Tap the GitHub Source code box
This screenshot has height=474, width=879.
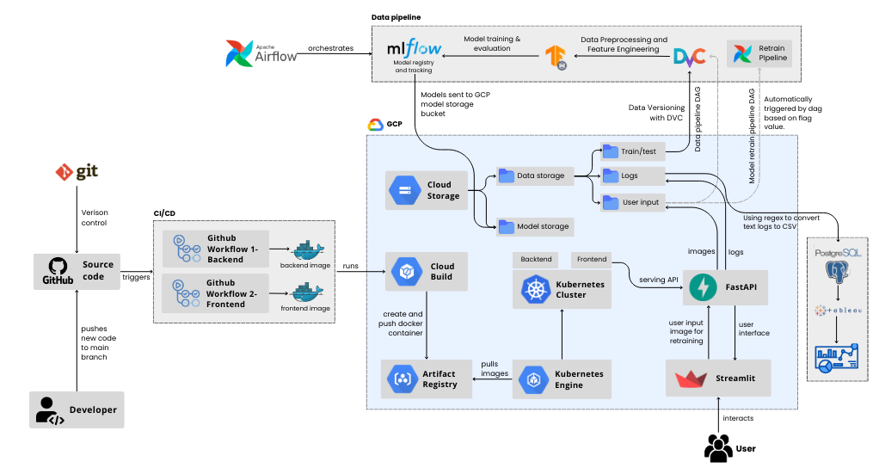coord(77,270)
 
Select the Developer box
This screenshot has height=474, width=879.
coord(77,409)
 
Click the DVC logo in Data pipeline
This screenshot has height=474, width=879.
coord(689,56)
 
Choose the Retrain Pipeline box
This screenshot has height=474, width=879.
coord(758,55)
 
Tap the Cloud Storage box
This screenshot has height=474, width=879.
coord(426,190)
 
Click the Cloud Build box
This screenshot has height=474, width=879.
coord(426,272)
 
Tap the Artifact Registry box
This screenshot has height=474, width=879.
coord(426,379)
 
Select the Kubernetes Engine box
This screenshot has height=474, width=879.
coord(562,379)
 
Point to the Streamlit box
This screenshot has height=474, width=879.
coord(717,378)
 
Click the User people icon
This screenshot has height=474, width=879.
coord(718,447)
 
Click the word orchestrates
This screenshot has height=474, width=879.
coord(330,48)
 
